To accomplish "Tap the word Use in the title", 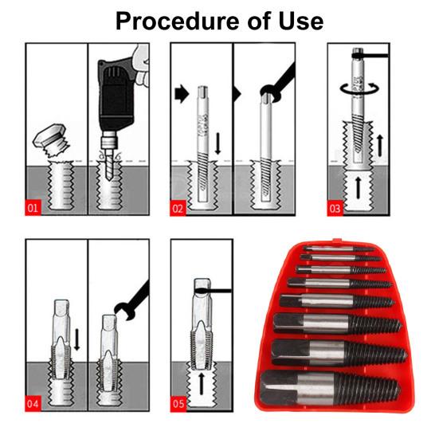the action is pyautogui.click(x=301, y=22).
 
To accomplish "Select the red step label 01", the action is pyautogui.click(x=33, y=208).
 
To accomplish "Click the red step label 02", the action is pyautogui.click(x=178, y=208).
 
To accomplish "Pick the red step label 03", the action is pyautogui.click(x=335, y=208).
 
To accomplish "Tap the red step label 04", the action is pyautogui.click(x=33, y=404).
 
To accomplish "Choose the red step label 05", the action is pyautogui.click(x=178, y=404).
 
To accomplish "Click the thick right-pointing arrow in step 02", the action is pyautogui.click(x=182, y=93).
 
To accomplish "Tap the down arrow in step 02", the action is pyautogui.click(x=218, y=143).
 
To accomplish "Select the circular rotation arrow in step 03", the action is pyautogui.click(x=359, y=89).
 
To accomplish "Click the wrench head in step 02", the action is pyautogui.click(x=270, y=93).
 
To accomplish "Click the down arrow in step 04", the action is pyautogui.click(x=77, y=339).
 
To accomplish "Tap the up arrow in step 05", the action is pyautogui.click(x=202, y=383).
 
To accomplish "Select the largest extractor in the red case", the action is pyautogui.click(x=330, y=387).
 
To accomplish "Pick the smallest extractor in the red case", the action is pyautogui.click(x=339, y=249).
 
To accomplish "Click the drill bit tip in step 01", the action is pyautogui.click(x=108, y=176).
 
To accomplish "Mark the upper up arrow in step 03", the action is pyautogui.click(x=380, y=145).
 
